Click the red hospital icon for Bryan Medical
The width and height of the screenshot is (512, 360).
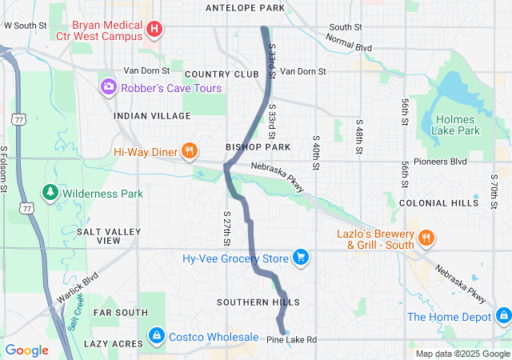(x=155, y=30)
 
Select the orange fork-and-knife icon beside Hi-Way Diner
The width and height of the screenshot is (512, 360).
(x=190, y=150)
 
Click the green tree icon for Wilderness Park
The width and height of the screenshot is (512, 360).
(x=50, y=194)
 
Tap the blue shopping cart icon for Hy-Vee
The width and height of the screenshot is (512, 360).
(x=301, y=257)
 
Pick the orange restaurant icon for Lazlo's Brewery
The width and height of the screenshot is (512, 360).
(x=426, y=237)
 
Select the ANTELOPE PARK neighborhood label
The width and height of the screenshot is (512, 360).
(x=245, y=8)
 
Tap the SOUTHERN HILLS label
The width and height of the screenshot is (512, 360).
(x=258, y=302)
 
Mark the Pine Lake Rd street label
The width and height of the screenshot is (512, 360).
(x=291, y=340)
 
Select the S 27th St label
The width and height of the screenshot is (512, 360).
(x=226, y=229)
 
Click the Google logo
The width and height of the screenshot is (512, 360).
(x=27, y=350)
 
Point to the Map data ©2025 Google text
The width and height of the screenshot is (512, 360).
(x=462, y=354)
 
